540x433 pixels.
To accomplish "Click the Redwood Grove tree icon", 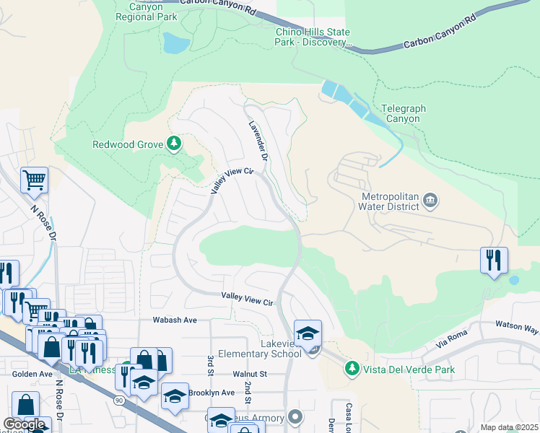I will pyautogui.click(x=174, y=144).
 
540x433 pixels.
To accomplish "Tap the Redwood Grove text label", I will pyautogui.click(x=128, y=144).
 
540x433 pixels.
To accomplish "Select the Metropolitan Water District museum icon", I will pyautogui.click(x=430, y=199).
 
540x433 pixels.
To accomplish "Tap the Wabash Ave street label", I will pyautogui.click(x=174, y=320).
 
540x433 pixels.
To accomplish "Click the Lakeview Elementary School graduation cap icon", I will pyautogui.click(x=308, y=333).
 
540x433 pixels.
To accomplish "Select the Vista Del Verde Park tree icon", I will pyautogui.click(x=352, y=369).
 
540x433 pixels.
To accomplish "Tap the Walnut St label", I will pyautogui.click(x=250, y=374).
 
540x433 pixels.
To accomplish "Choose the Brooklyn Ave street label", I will pyautogui.click(x=212, y=393).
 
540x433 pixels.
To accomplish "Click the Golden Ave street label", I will pyautogui.click(x=32, y=374).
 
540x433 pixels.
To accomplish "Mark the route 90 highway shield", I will pyautogui.click(x=118, y=399).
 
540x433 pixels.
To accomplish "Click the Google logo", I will pyautogui.click(x=24, y=424).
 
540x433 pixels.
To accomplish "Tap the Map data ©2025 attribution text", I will pyautogui.click(x=508, y=428).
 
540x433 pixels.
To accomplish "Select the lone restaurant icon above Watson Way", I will pyautogui.click(x=494, y=261).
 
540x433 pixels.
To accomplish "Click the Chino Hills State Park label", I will pyautogui.click(x=313, y=38).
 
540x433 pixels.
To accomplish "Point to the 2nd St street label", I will pyautogui.click(x=247, y=393).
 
